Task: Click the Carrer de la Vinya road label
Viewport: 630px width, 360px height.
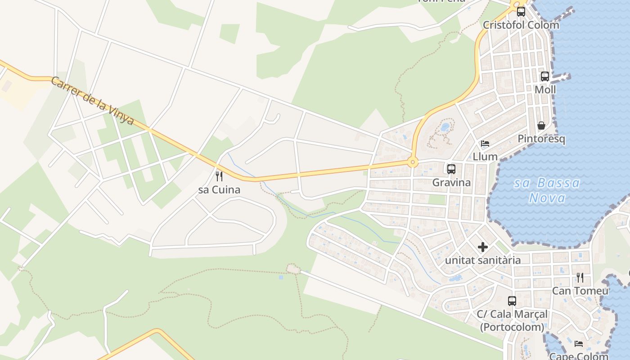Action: (x=92, y=101)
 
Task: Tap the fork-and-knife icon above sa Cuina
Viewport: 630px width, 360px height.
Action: (x=219, y=176)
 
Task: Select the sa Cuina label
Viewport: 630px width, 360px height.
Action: (x=219, y=190)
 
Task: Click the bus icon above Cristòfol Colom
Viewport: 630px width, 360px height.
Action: (x=521, y=12)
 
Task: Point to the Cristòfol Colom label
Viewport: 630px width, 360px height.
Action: (x=521, y=25)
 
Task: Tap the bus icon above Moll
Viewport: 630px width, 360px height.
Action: (x=544, y=76)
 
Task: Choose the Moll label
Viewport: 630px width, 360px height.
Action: (x=545, y=90)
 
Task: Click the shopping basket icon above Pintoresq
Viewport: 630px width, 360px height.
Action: (x=541, y=126)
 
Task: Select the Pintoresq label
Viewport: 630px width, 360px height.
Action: (x=541, y=139)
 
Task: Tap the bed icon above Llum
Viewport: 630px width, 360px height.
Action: (x=485, y=144)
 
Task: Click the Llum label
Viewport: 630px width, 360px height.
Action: (x=485, y=157)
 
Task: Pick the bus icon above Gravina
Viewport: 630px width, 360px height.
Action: (x=451, y=169)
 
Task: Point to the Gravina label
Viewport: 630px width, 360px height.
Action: (x=451, y=182)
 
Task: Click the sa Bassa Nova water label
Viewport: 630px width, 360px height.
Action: (x=547, y=190)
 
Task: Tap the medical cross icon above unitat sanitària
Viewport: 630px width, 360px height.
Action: (x=483, y=247)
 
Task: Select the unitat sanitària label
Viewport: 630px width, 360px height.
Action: (x=483, y=260)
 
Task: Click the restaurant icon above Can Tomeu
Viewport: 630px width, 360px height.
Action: (x=580, y=278)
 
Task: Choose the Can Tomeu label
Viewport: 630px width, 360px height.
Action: (x=580, y=291)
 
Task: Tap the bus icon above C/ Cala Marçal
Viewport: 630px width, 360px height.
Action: (x=512, y=301)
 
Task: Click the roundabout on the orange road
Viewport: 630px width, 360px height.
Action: (x=412, y=162)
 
